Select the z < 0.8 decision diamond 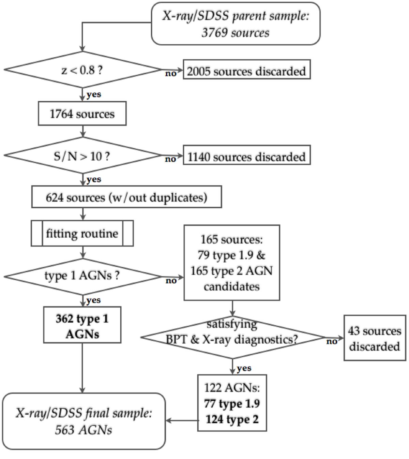click(82, 70)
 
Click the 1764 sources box click(82, 114)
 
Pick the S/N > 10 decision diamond click(82, 156)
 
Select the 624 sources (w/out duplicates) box click(126, 197)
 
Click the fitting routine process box click(82, 234)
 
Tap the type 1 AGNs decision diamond click(82, 276)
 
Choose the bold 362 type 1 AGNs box click(82, 326)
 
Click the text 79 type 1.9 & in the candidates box click(231, 255)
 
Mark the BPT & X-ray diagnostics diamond click(232, 338)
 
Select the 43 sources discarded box click(375, 338)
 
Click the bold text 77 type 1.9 click(232, 404)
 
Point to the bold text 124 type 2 click(232, 419)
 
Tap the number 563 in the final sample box click(64, 430)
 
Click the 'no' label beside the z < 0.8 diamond click(171, 73)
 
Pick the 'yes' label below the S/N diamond click(94, 179)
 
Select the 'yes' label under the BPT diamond click(244, 368)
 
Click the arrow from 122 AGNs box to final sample click(182, 420)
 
